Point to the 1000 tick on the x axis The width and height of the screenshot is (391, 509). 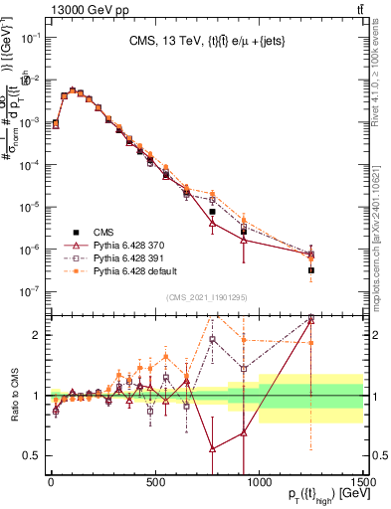click(259, 478)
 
